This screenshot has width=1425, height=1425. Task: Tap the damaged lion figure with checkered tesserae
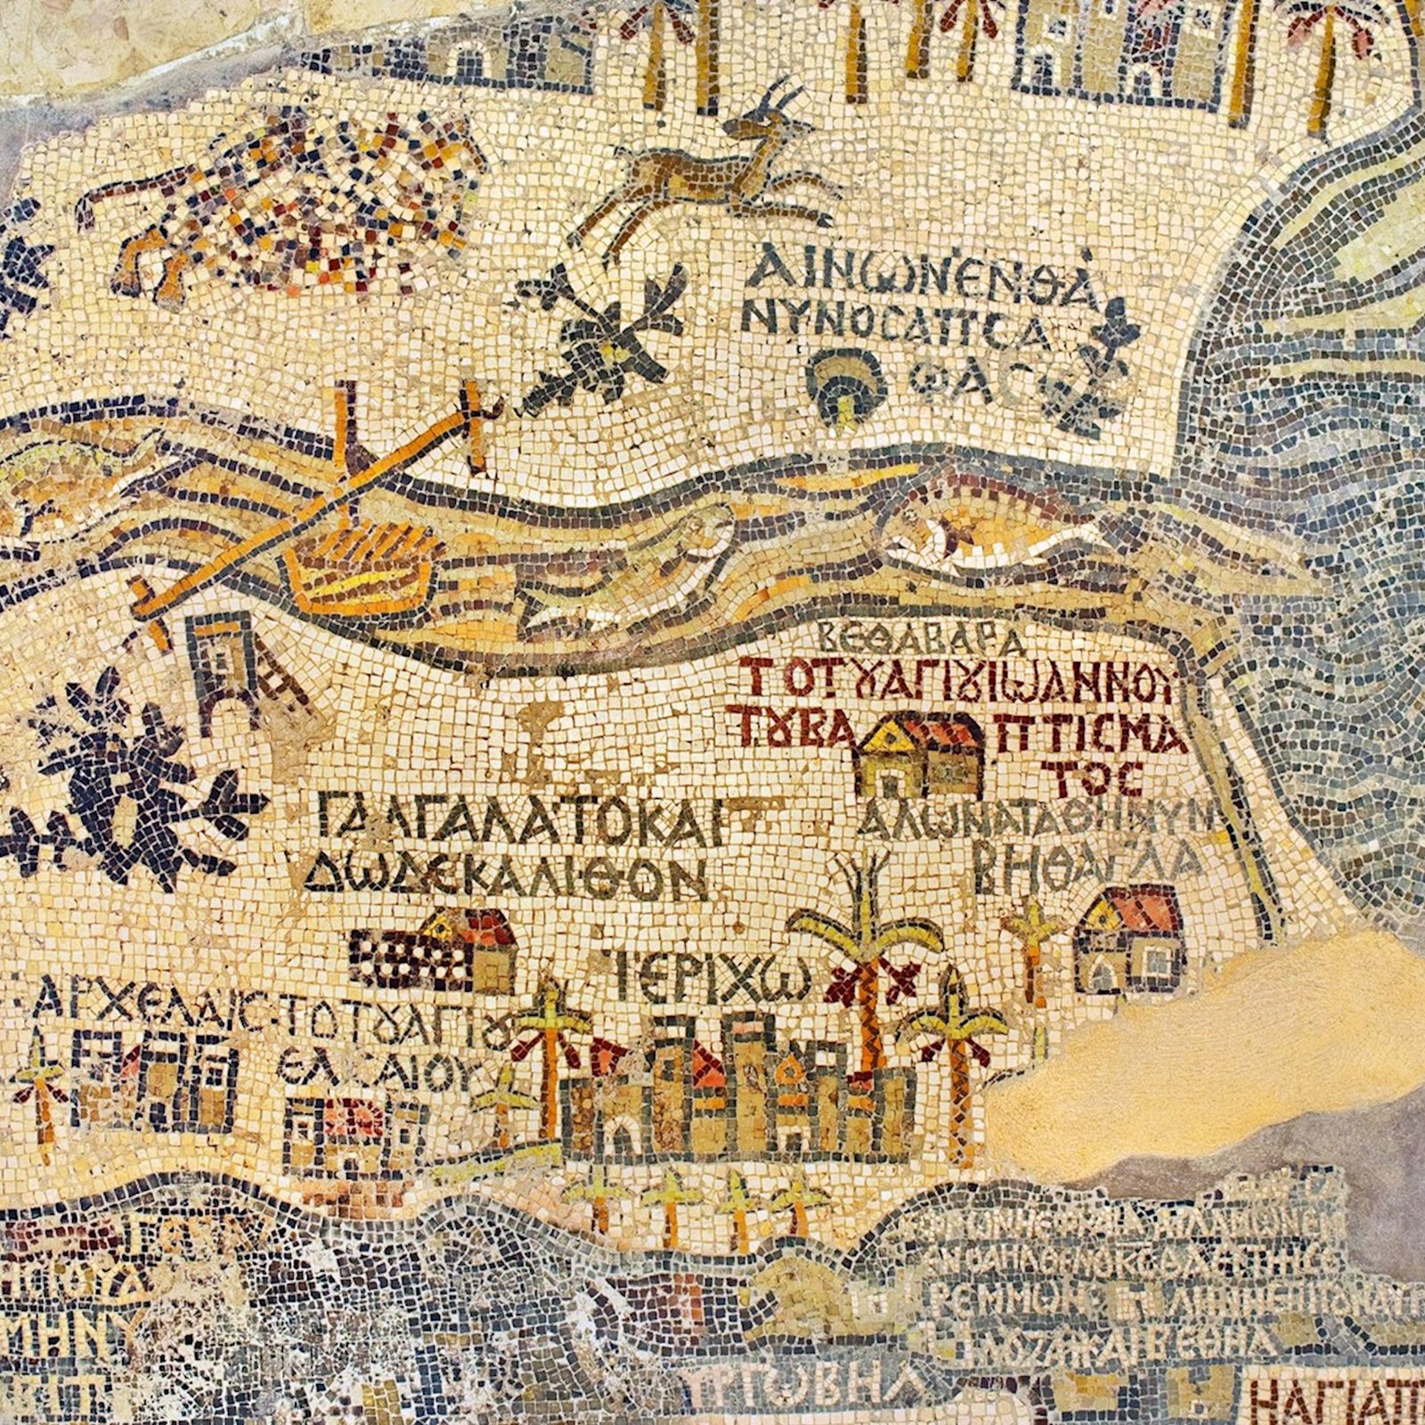pyautogui.click(x=285, y=205)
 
